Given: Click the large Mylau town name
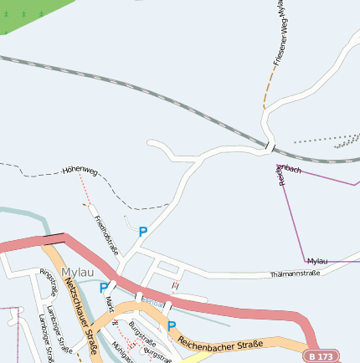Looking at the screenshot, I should (78, 272).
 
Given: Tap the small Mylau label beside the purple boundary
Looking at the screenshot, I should (318, 262).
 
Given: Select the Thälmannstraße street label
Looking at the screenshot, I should (296, 274).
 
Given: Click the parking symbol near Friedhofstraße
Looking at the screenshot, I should (143, 232).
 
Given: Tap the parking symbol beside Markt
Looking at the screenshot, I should (104, 288).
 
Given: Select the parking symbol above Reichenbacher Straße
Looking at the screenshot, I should (172, 326).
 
